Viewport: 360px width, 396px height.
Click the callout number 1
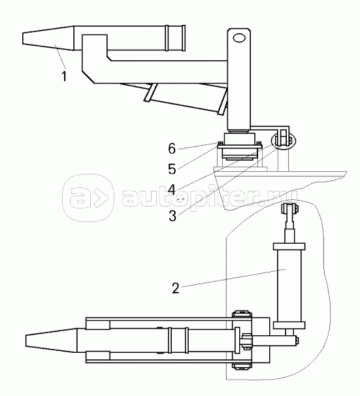click(65, 76)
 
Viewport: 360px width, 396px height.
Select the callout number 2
click(176, 288)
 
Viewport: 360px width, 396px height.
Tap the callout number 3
click(172, 216)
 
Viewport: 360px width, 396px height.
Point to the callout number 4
click(172, 190)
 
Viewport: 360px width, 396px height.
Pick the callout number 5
click(172, 169)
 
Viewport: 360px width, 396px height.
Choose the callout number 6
click(172, 148)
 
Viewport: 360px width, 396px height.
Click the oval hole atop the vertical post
click(239, 38)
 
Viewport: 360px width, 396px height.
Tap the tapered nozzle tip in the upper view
click(48, 39)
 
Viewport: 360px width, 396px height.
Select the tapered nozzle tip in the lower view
click(51, 340)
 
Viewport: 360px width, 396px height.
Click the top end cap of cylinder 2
click(289, 246)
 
